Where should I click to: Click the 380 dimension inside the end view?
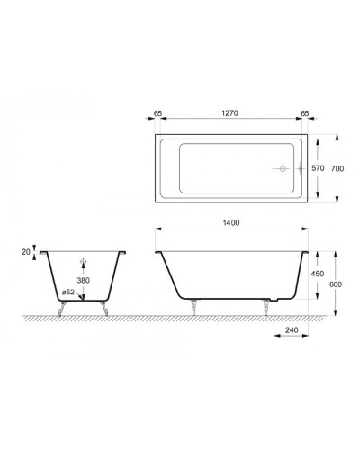[x=83, y=279]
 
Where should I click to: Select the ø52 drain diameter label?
[x=68, y=292]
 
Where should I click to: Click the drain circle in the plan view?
[x=281, y=168]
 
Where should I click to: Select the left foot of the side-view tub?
[x=193, y=305]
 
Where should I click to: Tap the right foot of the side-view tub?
[x=266, y=305]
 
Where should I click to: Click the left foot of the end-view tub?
[x=60, y=307]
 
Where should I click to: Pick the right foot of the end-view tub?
[x=105, y=307]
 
